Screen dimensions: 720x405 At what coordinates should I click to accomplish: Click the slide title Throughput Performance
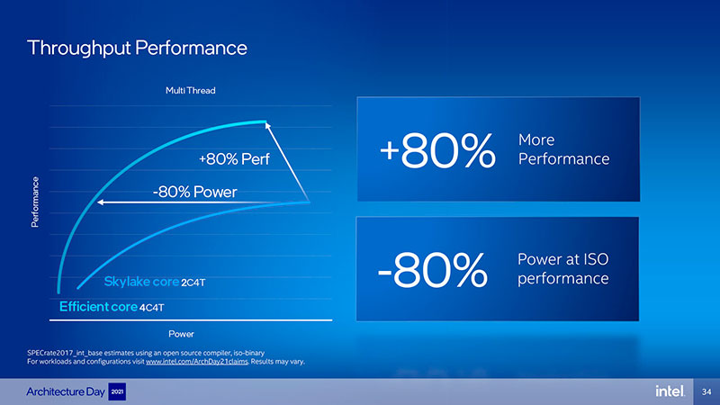(x=137, y=49)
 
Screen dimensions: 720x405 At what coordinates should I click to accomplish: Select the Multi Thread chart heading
(x=191, y=91)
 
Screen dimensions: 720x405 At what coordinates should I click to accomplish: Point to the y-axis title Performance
(x=35, y=202)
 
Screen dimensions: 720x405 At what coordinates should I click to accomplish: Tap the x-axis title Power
(x=181, y=334)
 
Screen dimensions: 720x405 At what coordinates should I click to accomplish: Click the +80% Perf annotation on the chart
(x=234, y=159)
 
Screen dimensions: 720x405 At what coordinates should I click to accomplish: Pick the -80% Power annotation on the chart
(x=194, y=192)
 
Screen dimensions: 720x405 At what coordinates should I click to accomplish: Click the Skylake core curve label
(x=141, y=282)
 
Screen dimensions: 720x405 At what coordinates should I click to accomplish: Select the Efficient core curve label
(x=98, y=306)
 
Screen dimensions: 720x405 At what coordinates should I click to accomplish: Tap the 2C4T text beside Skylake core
(x=193, y=283)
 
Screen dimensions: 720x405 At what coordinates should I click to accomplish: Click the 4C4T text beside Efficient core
(x=151, y=308)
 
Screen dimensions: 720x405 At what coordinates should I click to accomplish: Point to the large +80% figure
(x=437, y=150)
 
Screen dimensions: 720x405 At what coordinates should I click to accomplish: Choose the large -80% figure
(x=432, y=269)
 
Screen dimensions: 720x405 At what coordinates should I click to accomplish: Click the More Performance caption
(x=563, y=149)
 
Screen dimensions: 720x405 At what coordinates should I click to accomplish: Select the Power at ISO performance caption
(x=563, y=268)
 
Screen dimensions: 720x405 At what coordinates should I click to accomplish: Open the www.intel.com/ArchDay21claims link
(x=196, y=362)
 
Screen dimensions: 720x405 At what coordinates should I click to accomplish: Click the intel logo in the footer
(x=670, y=391)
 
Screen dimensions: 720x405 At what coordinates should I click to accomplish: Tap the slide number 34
(x=706, y=391)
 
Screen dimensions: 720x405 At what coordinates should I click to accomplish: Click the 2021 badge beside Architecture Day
(x=117, y=391)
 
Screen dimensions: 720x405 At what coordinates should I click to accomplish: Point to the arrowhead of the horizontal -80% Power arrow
(x=100, y=202)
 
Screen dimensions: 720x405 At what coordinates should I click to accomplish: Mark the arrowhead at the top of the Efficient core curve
(x=267, y=125)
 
